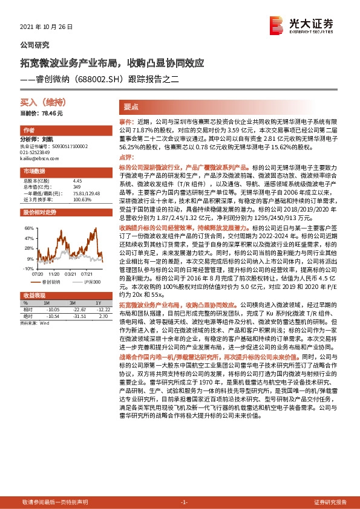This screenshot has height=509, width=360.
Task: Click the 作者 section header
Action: point(28,131)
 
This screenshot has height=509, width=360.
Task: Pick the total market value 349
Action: point(77,186)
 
